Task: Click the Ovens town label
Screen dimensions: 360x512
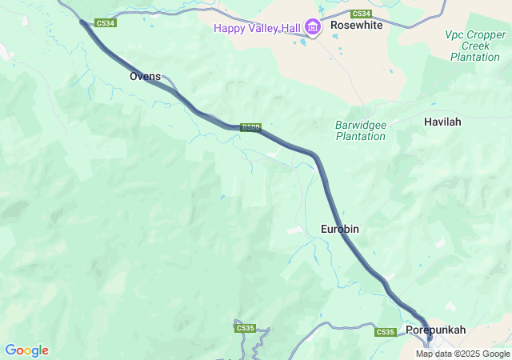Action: pyautogui.click(x=145, y=76)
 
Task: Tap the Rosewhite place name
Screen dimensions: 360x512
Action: pyautogui.click(x=357, y=26)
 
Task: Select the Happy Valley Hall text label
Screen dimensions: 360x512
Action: pyautogui.click(x=256, y=29)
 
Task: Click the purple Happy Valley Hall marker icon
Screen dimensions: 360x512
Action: pyautogui.click(x=312, y=29)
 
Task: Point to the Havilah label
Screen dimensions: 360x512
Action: pyautogui.click(x=442, y=122)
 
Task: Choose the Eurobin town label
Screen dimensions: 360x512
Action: pyautogui.click(x=339, y=229)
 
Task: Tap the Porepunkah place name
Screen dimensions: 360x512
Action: pyautogui.click(x=435, y=330)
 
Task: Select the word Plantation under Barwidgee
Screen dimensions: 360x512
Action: pyautogui.click(x=360, y=136)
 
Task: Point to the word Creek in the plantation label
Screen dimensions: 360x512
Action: pyautogui.click(x=464, y=46)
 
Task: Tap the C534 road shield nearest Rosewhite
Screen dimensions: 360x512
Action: pyautogui.click(x=361, y=14)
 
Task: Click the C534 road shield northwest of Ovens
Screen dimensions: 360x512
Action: pyautogui.click(x=106, y=23)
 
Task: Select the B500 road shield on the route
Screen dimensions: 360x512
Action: pyautogui.click(x=250, y=126)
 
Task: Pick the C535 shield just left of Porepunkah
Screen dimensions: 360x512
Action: pyautogui.click(x=386, y=332)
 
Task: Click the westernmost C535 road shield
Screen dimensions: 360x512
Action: pyautogui.click(x=246, y=328)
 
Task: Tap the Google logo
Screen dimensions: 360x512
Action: pyautogui.click(x=26, y=350)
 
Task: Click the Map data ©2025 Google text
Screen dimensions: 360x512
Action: pyautogui.click(x=462, y=354)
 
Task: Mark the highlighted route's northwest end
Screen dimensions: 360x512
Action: pyautogui.click(x=82, y=22)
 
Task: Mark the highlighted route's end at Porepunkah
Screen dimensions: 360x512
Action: pyautogui.click(x=429, y=338)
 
